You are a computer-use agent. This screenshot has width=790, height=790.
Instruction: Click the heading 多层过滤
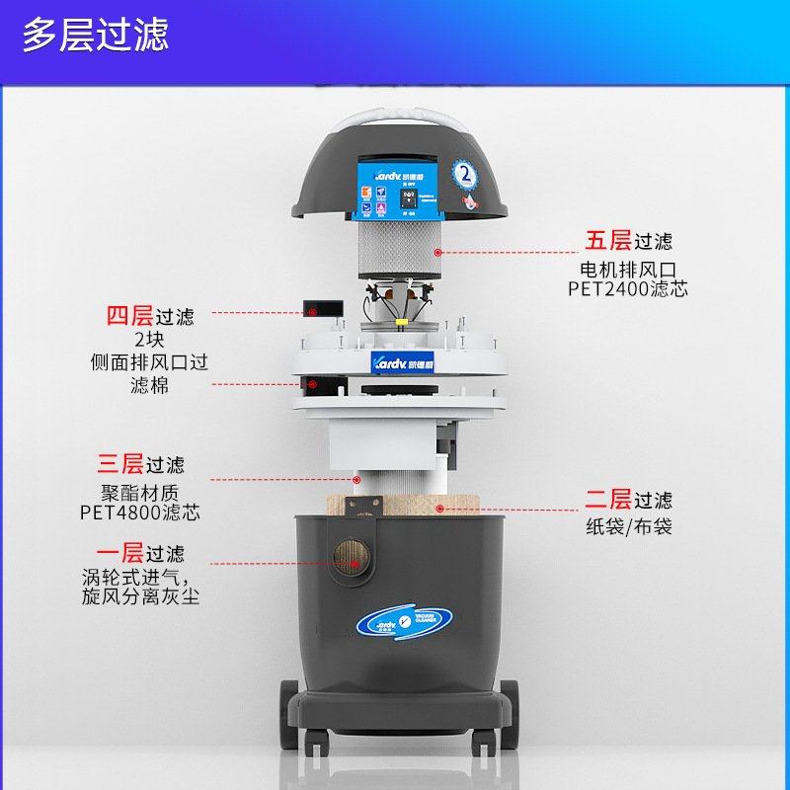click(x=96, y=35)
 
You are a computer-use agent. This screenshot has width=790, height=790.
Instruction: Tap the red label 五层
click(x=607, y=241)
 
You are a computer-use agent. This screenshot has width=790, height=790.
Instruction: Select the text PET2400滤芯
click(x=628, y=289)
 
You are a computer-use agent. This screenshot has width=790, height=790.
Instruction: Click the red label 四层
click(x=129, y=317)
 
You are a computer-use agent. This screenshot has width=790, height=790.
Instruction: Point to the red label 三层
click(x=119, y=463)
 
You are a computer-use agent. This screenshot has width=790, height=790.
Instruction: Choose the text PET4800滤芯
click(x=139, y=513)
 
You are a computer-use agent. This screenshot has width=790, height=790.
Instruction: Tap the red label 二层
click(x=607, y=500)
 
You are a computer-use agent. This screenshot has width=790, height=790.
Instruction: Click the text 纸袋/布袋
click(x=629, y=526)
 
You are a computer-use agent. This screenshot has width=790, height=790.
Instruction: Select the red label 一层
click(x=119, y=553)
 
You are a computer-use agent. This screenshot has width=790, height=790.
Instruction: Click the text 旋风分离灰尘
click(x=140, y=597)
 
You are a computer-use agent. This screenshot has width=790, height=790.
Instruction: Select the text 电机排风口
click(x=628, y=269)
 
